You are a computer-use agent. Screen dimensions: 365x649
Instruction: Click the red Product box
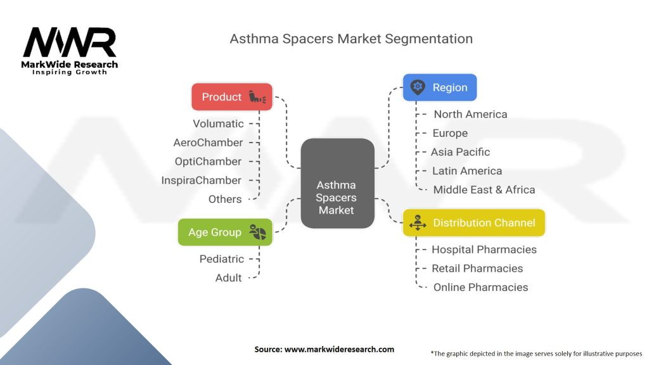pyautogui.click(x=231, y=97)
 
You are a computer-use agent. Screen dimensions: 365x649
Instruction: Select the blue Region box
pyautogui.click(x=439, y=87)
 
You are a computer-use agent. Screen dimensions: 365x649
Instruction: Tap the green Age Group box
pyautogui.click(x=225, y=232)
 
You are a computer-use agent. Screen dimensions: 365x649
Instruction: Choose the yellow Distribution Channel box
pyautogui.click(x=473, y=222)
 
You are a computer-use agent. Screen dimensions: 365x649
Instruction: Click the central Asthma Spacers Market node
pyautogui.click(x=337, y=197)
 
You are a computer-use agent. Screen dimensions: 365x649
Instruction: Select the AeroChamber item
pyautogui.click(x=208, y=143)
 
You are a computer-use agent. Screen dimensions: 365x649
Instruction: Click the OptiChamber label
pyautogui.click(x=208, y=162)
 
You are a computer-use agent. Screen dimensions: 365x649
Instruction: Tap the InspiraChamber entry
pyautogui.click(x=201, y=180)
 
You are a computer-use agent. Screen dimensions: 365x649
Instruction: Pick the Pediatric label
pyautogui.click(x=221, y=259)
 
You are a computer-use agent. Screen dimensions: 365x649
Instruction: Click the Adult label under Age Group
pyautogui.click(x=228, y=278)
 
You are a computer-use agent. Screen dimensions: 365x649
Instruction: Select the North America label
pyautogui.click(x=470, y=114)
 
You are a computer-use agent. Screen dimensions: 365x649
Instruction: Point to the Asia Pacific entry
pyautogui.click(x=460, y=152)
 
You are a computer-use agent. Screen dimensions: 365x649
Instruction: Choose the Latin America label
pyautogui.click(x=466, y=170)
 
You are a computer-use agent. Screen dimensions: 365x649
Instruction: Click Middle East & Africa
pyautogui.click(x=484, y=189)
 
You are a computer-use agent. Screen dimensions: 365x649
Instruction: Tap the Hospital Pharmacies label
pyautogui.click(x=484, y=250)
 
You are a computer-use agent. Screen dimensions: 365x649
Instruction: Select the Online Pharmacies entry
pyautogui.click(x=480, y=287)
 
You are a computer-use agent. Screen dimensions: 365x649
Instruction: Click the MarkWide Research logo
pyautogui.click(x=70, y=51)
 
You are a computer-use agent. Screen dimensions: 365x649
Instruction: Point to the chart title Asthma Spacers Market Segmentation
pyautogui.click(x=351, y=39)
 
